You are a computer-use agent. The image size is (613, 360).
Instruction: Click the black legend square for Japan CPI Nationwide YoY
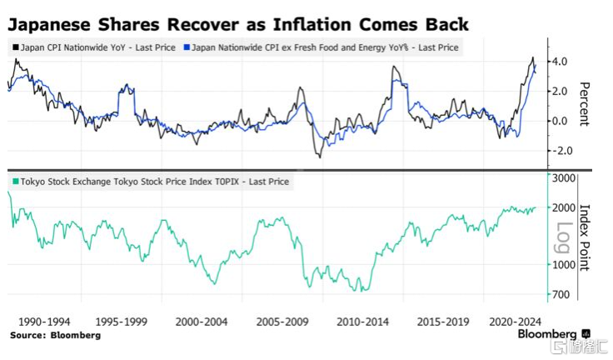point(16,48)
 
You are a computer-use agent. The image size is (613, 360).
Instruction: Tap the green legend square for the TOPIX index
point(16,180)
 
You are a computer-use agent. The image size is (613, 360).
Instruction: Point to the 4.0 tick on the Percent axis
point(560,62)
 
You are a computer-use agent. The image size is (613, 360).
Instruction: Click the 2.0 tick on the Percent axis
point(560,91)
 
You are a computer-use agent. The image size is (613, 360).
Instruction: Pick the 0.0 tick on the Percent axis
point(560,121)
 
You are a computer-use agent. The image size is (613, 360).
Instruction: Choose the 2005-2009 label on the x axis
point(281,320)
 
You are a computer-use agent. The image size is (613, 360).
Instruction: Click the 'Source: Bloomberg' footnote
point(55,335)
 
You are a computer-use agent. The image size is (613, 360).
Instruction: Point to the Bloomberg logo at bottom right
point(553,334)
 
